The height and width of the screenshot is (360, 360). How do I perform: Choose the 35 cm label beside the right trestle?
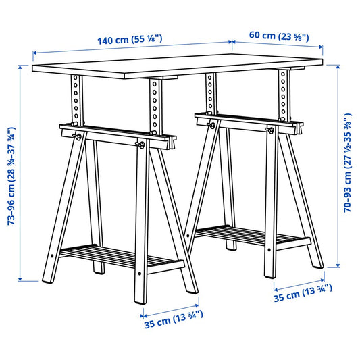pos(303,292)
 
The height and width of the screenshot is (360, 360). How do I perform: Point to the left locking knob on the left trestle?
pos(79,137)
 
